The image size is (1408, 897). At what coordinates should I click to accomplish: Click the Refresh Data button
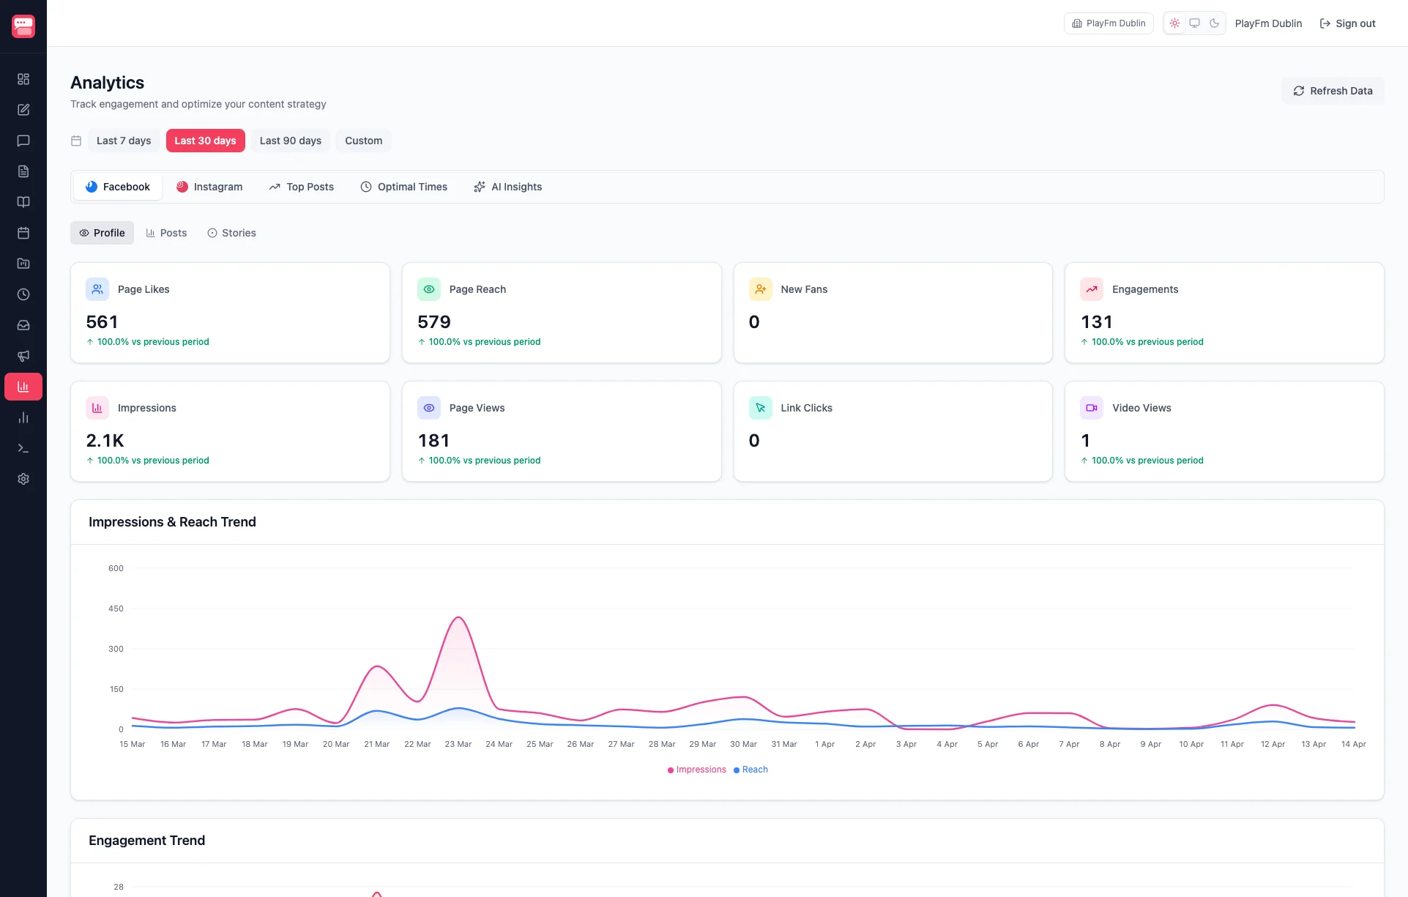tap(1332, 91)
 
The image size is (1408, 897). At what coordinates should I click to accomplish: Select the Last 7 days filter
tap(123, 141)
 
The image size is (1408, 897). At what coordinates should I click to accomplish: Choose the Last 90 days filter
tap(290, 141)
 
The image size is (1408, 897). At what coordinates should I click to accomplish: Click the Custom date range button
tap(363, 141)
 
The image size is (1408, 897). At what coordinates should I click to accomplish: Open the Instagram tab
tap(209, 187)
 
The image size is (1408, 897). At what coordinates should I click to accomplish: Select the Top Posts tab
tap(301, 187)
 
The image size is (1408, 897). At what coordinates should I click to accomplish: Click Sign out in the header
tap(1347, 23)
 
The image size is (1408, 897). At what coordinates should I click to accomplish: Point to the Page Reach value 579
tap(434, 322)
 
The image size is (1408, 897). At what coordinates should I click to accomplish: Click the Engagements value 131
tap(1096, 322)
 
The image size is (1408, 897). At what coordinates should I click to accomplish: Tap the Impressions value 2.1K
tap(105, 441)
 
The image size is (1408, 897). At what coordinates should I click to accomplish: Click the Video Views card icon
tap(1091, 408)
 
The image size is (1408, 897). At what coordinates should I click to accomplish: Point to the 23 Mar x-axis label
tap(458, 744)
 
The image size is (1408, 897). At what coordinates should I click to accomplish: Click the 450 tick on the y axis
tap(116, 608)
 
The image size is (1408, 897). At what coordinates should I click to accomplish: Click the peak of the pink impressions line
tap(458, 617)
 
